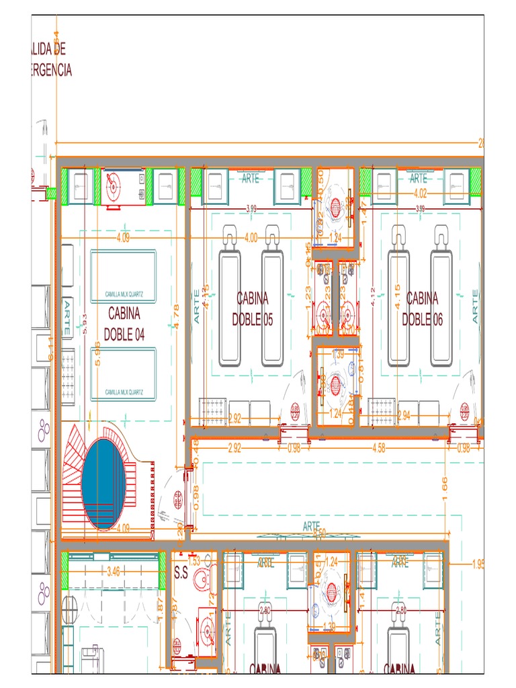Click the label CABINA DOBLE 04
tap(124, 323)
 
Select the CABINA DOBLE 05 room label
tap(253, 308)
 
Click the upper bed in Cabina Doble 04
tap(124, 276)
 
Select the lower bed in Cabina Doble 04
tap(124, 374)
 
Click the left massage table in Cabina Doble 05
tap(230, 306)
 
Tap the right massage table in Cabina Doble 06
tap(443, 306)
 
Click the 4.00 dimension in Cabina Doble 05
tap(251, 237)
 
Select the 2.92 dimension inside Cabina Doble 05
tap(235, 417)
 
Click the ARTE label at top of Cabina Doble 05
tap(251, 178)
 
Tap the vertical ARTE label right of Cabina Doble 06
tap(476, 306)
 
